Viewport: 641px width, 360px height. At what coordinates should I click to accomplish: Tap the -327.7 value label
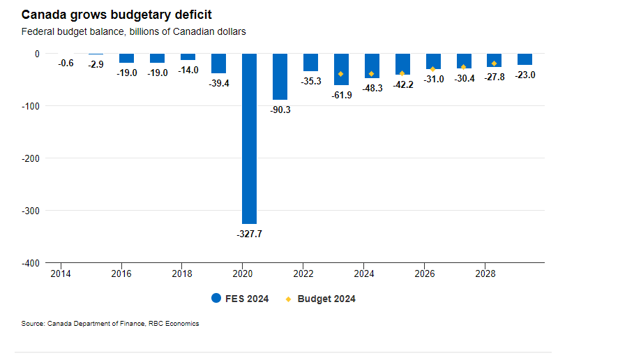(249, 234)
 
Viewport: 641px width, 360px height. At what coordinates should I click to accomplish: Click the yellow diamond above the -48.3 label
(372, 74)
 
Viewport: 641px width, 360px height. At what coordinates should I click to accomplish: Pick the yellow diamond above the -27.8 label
(495, 63)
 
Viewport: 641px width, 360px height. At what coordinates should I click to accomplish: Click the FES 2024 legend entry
(240, 299)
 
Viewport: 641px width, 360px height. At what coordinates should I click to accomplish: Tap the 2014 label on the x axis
(60, 273)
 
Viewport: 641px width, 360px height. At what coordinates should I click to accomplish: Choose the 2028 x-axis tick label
(485, 273)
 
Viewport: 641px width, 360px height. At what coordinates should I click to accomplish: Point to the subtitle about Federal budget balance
(133, 31)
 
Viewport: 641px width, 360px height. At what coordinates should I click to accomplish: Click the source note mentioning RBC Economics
(110, 323)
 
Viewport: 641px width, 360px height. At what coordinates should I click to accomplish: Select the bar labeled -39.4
(218, 63)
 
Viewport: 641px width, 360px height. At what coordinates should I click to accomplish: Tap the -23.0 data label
(525, 75)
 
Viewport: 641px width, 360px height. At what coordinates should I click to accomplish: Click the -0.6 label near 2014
(66, 63)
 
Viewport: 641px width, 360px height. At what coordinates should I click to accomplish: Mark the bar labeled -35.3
(310, 62)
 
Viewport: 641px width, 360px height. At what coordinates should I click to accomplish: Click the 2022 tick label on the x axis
(303, 273)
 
